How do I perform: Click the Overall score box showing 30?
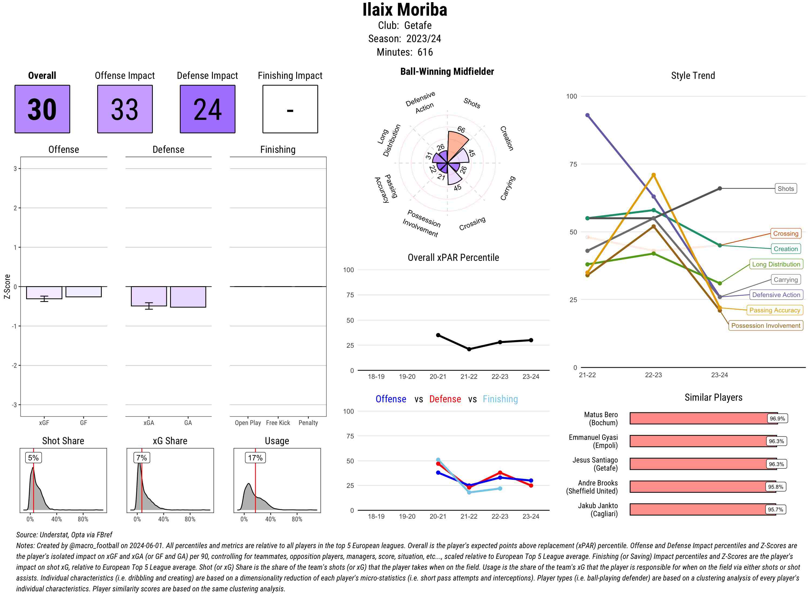coord(42,109)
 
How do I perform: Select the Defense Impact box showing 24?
coord(207,109)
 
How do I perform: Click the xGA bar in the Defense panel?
coord(148,296)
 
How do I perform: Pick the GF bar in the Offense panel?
coord(83,292)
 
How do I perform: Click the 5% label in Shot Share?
coord(33,458)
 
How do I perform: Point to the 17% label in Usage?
coord(255,458)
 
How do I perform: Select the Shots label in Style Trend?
coord(785,189)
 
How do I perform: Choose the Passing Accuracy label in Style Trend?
coord(774,310)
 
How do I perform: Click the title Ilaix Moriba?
coord(404,10)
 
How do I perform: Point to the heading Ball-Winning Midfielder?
coord(447,72)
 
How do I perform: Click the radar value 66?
coord(461,129)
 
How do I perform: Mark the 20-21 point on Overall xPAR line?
coord(438,335)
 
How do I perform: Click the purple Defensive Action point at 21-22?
coord(588,115)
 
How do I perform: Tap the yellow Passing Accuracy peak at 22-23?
coord(654,175)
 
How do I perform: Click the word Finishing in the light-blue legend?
coord(500,399)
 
